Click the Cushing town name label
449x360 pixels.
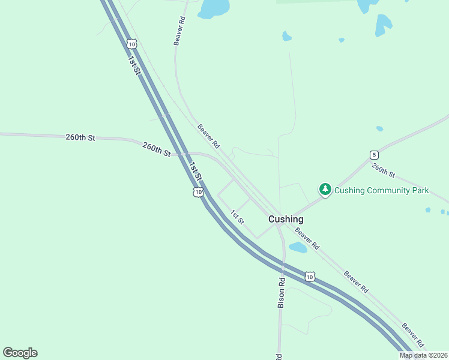pyautogui.click(x=285, y=219)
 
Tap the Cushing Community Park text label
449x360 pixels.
pyautogui.click(x=381, y=190)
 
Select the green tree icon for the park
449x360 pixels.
pyautogui.click(x=325, y=190)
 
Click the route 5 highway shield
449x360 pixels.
pyautogui.click(x=373, y=154)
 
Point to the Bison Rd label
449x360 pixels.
pyautogui.click(x=281, y=292)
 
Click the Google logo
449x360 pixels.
pyautogui.click(x=20, y=353)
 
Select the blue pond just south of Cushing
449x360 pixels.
pyautogui.click(x=298, y=247)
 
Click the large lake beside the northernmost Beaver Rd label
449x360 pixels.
pyautogui.click(x=214, y=8)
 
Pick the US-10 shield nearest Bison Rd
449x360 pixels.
pyautogui.click(x=309, y=276)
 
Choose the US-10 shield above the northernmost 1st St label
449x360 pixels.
pyautogui.click(x=132, y=43)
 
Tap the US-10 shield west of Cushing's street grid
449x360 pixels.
pyautogui.click(x=197, y=192)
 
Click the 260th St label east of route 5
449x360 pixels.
pyautogui.click(x=383, y=170)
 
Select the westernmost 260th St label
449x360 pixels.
pyautogui.click(x=80, y=137)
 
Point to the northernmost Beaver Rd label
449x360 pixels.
pyautogui.click(x=179, y=30)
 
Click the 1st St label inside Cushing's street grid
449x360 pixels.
pyautogui.click(x=237, y=217)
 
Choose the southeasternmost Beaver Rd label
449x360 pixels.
pyautogui.click(x=413, y=335)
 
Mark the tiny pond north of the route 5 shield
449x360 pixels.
pyautogui.click(x=379, y=128)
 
